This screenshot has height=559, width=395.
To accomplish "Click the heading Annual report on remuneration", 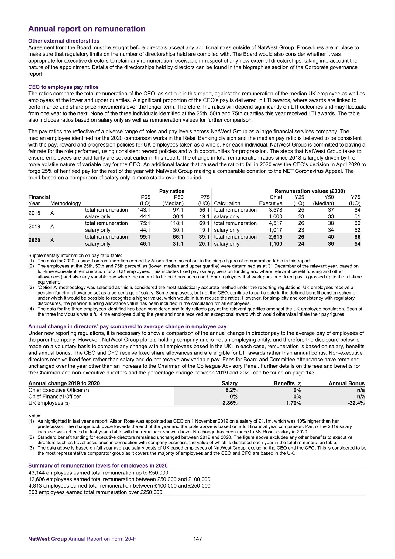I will pyautogui.click(x=87, y=29).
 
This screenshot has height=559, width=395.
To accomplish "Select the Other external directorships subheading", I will pyautogui.click(x=64, y=41).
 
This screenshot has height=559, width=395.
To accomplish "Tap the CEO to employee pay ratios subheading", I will pyautogui.click(x=63, y=87).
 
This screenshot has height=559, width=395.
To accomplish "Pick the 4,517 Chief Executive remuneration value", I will pyautogui.click(x=276, y=223).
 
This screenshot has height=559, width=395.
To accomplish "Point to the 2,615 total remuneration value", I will pyautogui.click(x=276, y=237).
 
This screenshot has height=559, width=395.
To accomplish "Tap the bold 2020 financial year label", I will pyautogui.click(x=34, y=240).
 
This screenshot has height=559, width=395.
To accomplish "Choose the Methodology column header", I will pyautogui.click(x=66, y=203).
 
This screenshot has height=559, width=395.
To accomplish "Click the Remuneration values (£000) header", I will pyautogui.click(x=309, y=191).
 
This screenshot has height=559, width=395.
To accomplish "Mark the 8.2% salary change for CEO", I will pyautogui.click(x=232, y=390).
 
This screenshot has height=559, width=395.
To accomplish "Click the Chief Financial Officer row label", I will pyautogui.click(x=55, y=396).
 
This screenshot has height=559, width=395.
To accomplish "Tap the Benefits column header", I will pyautogui.click(x=284, y=383).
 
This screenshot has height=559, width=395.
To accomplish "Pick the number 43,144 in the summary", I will pyautogui.click(x=37, y=473).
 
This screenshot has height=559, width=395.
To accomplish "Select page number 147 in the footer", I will pyautogui.click(x=197, y=539).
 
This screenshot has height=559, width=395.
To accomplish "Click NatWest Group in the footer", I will pyautogui.click(x=47, y=539).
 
